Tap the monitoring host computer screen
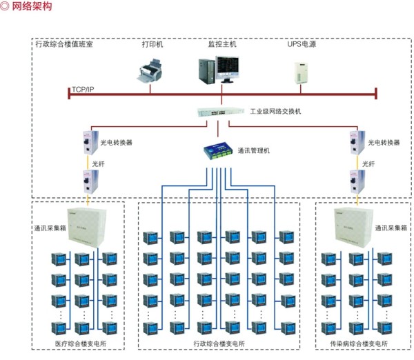227,67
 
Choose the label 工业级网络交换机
275,110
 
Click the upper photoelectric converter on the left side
87,141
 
